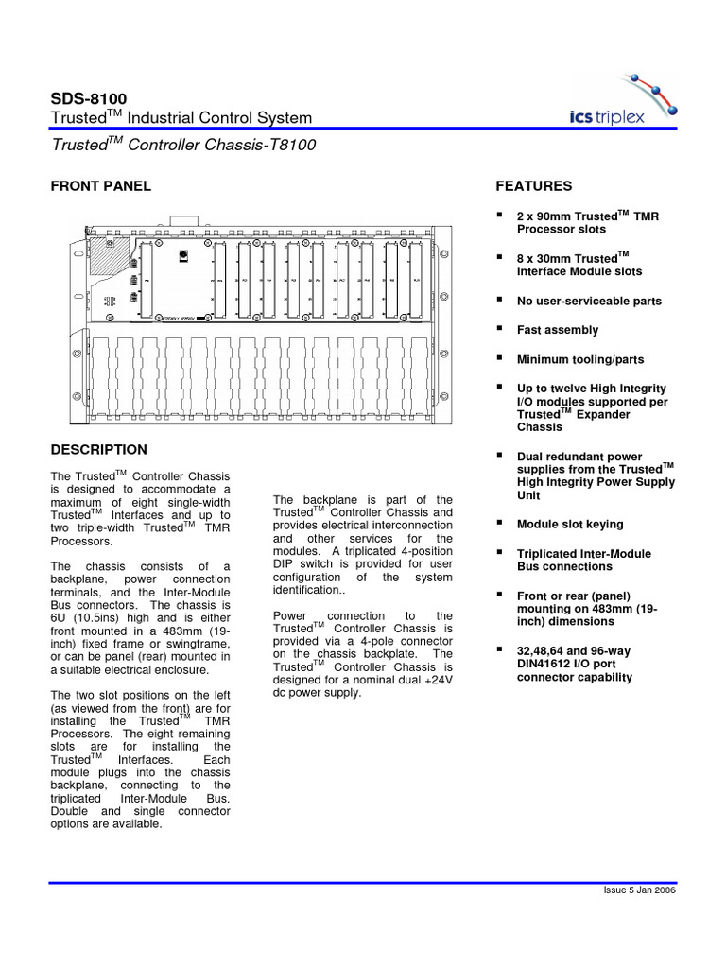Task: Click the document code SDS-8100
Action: pyautogui.click(x=89, y=98)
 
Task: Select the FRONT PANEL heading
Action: pyautogui.click(x=100, y=186)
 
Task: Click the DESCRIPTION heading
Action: pyautogui.click(x=98, y=449)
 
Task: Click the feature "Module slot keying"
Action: pyautogui.click(x=570, y=524)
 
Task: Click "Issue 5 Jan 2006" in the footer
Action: pyautogui.click(x=638, y=890)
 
